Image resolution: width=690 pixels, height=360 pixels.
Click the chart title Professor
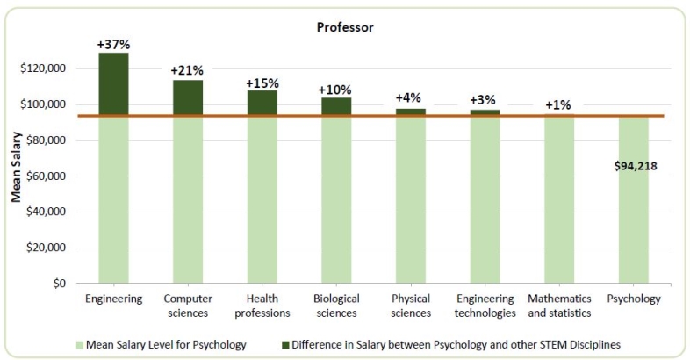pos(345,27)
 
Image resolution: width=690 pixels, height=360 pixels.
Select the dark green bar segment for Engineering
pos(113,84)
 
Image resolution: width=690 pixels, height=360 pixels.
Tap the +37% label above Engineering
pos(113,44)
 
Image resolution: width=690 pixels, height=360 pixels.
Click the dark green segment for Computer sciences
pos(188,97)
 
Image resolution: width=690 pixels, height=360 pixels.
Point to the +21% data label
pos(188,70)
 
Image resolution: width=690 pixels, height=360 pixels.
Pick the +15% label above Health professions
pos(262,83)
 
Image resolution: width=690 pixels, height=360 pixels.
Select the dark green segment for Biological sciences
pos(336,106)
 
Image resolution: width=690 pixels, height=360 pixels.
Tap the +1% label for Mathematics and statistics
pos(559,105)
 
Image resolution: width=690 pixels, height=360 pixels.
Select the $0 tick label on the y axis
pos(60,284)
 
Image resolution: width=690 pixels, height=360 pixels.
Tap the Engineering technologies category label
pos(485,306)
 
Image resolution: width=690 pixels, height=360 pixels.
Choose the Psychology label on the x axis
pos(633,299)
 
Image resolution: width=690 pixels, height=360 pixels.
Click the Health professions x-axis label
pos(262,306)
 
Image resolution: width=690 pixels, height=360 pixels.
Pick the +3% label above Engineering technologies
pos(485,100)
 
